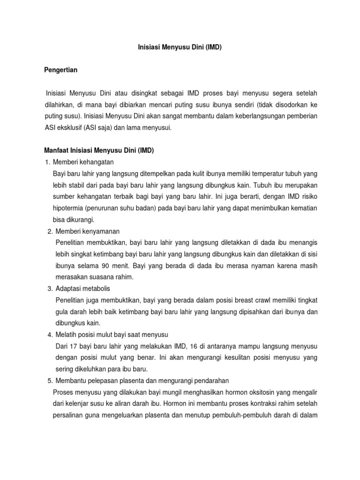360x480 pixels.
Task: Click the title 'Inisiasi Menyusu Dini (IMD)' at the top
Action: (180, 47)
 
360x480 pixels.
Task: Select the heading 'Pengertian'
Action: (60, 70)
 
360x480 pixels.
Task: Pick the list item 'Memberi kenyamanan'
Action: (88, 232)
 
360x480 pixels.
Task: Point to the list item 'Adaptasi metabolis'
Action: (82, 288)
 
